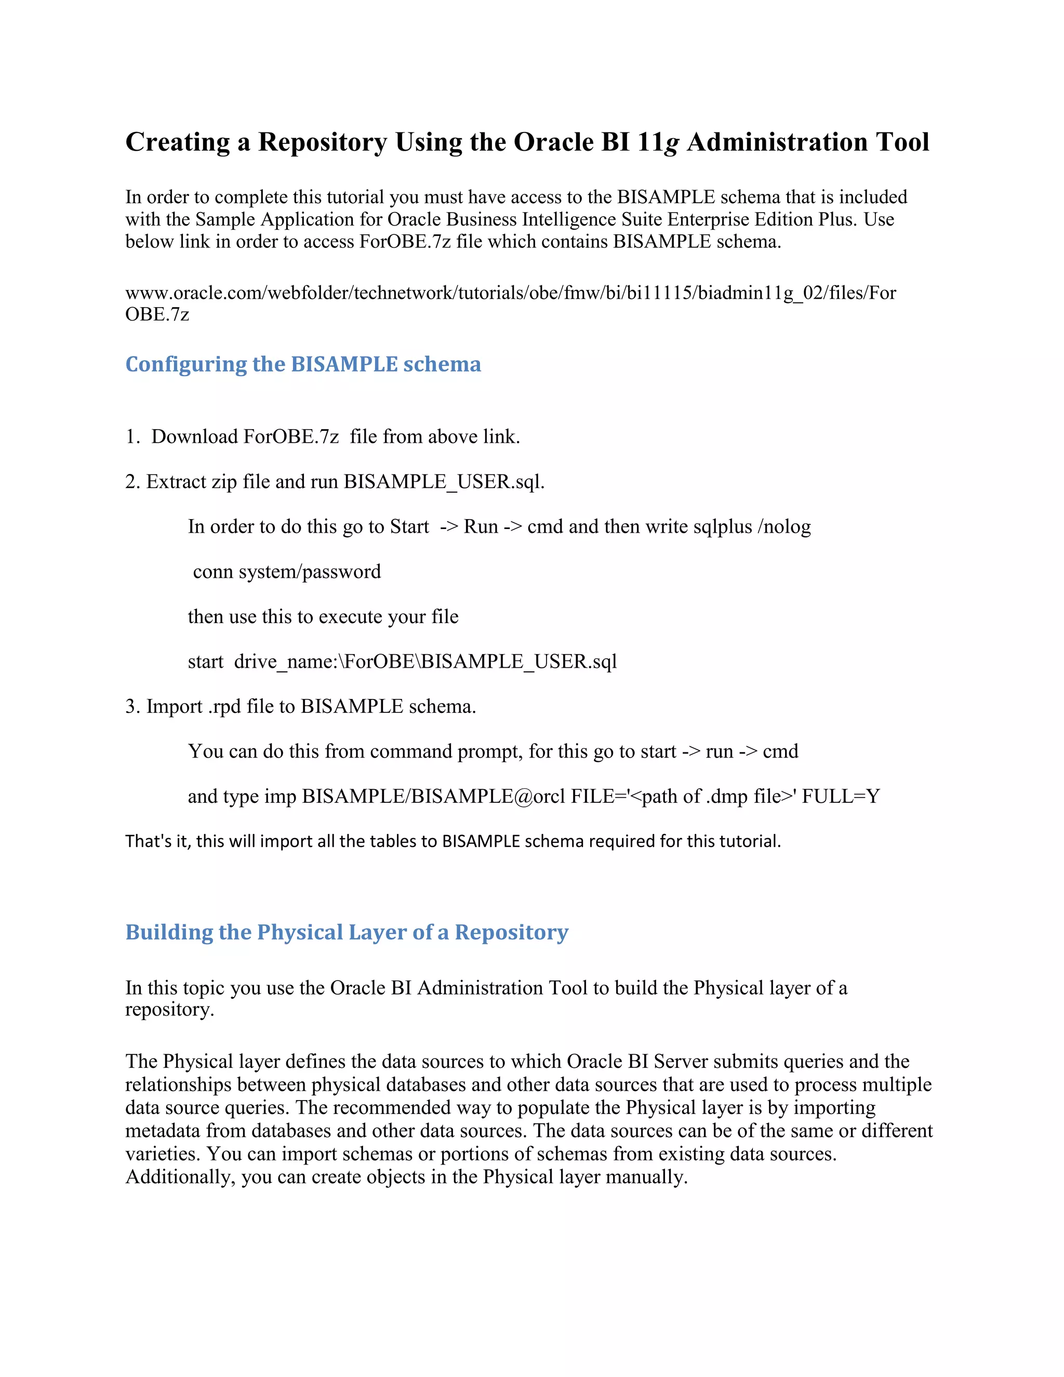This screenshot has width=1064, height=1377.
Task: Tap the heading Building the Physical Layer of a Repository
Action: click(347, 932)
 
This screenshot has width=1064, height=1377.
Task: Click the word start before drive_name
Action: click(206, 662)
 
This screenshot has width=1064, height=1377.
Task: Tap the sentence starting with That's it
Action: click(453, 842)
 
